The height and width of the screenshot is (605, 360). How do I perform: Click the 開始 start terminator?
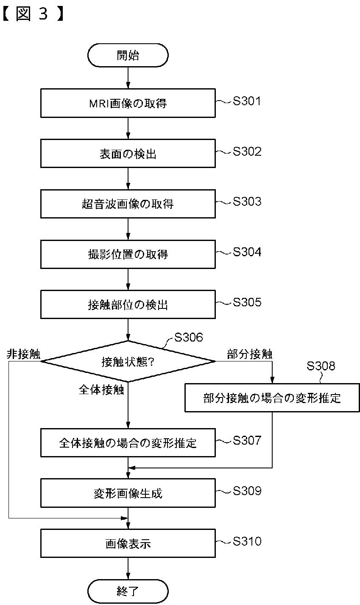(x=128, y=55)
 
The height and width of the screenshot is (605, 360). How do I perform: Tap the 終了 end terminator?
(x=128, y=591)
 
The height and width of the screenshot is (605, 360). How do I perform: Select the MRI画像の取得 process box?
(x=128, y=103)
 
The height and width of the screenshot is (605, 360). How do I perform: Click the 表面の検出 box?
(x=128, y=154)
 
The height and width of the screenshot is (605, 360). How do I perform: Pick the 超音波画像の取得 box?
(x=128, y=204)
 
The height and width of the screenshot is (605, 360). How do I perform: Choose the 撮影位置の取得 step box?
(x=128, y=254)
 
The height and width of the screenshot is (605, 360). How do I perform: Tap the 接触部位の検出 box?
(x=128, y=305)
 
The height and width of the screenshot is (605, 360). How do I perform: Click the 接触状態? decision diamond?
(x=128, y=361)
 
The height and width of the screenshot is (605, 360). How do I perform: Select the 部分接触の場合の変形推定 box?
(x=272, y=398)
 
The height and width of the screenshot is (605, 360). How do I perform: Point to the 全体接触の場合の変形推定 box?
(x=128, y=443)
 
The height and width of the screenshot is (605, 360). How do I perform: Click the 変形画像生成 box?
(x=128, y=493)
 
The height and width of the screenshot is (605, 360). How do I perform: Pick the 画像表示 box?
(x=128, y=544)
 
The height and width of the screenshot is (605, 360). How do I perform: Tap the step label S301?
(x=246, y=101)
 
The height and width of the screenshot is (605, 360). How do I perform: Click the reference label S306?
(x=189, y=337)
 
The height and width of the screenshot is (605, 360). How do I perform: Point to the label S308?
(x=321, y=366)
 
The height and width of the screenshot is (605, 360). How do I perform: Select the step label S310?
(x=247, y=541)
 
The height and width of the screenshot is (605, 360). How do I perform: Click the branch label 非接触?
(x=24, y=355)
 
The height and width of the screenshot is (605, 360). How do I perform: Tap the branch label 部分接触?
(x=250, y=355)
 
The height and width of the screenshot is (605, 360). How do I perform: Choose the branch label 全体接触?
(x=102, y=390)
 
